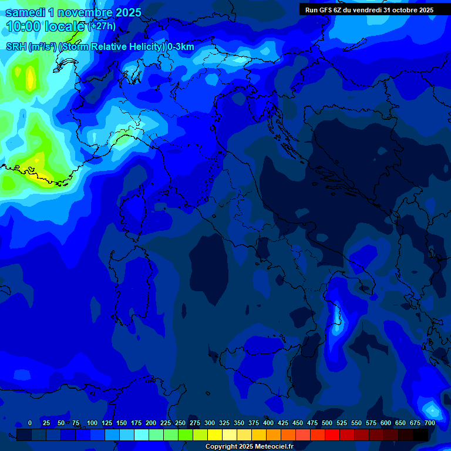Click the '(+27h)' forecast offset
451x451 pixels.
coord(102,26)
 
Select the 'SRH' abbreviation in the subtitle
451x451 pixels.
coord(16,46)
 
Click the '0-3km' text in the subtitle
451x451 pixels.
coord(180,46)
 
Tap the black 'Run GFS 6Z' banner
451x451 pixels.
coord(369,10)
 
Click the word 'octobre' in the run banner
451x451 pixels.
coord(399,10)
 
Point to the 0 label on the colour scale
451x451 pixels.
coord(30,423)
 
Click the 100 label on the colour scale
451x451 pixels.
coord(92,423)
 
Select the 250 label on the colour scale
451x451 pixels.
coord(180,423)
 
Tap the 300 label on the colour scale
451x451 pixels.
coord(210,423)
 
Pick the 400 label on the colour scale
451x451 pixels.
coord(268,423)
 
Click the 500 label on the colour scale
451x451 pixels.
coord(327,423)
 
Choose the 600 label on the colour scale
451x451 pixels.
coord(386,423)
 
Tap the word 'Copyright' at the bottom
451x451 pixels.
coord(223,446)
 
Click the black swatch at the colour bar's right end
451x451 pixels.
coord(420,435)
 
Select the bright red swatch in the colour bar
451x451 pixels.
coord(332,435)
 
